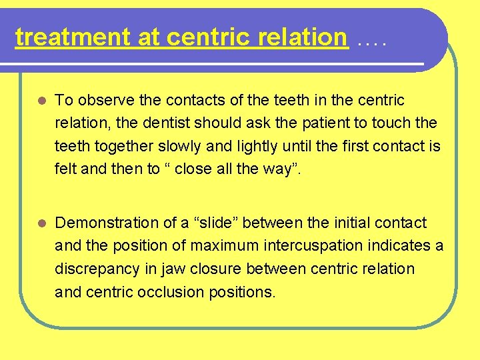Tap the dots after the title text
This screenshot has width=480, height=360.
coord(372,43)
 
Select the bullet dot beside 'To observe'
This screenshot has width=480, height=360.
coord(41,101)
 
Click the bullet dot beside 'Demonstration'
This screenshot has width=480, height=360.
coord(41,223)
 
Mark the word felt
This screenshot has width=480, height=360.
coord(65,169)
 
